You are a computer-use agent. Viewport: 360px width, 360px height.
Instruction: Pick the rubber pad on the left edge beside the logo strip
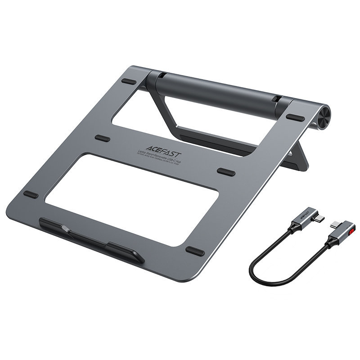[102, 138]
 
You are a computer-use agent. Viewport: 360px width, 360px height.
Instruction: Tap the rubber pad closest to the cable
[195, 251]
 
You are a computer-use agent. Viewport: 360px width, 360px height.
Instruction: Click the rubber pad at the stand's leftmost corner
[31, 194]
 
